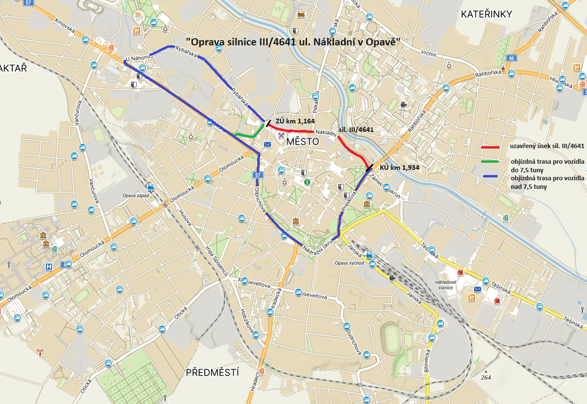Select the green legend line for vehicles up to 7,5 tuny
489,161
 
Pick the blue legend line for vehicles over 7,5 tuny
489,176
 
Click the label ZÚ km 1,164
295,120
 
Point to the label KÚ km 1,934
399,167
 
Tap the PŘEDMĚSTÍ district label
213,373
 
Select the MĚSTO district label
303,142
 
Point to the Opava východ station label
349,263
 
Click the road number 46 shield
511,58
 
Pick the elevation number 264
485,378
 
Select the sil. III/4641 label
356,130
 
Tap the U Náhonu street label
138,59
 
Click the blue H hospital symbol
49,267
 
